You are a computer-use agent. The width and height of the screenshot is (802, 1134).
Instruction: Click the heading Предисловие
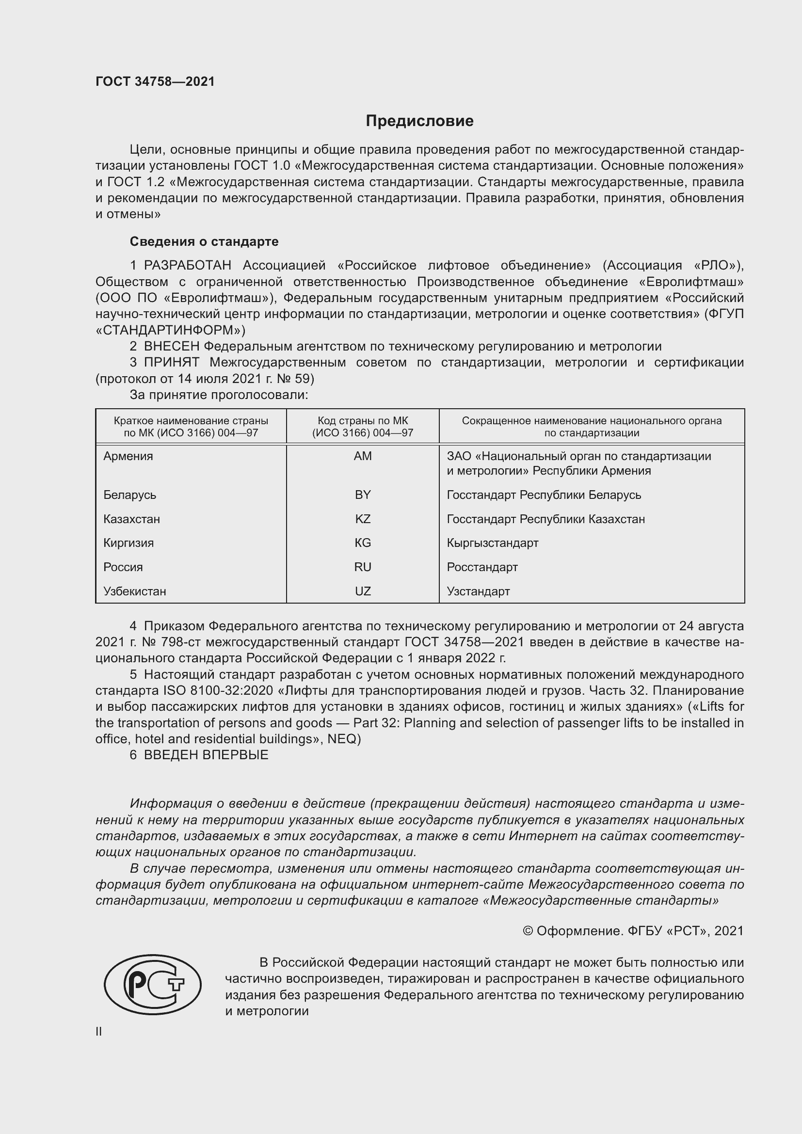(419, 121)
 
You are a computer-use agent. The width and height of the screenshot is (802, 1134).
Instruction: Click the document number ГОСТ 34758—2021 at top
(155, 81)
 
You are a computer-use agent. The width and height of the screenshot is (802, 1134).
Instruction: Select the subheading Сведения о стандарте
(204, 241)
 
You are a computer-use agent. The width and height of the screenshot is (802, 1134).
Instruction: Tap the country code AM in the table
(363, 456)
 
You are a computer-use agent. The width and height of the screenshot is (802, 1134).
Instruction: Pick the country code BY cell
(363, 495)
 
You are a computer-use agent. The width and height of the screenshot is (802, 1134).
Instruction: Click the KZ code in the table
(363, 519)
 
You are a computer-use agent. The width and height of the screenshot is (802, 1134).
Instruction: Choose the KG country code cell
(363, 543)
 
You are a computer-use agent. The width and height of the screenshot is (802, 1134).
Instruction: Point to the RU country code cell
(363, 567)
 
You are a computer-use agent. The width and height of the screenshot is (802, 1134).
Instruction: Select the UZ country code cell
(363, 591)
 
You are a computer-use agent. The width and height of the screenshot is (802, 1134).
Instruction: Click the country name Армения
(128, 456)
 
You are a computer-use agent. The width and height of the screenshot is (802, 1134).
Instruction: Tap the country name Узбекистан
(134, 591)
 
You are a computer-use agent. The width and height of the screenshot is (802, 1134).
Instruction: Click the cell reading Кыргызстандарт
(492, 543)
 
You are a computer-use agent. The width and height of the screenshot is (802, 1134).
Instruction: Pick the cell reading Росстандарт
(482, 567)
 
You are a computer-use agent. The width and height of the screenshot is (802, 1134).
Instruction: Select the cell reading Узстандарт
(478, 591)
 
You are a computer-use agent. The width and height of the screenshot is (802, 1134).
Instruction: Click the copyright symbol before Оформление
(528, 931)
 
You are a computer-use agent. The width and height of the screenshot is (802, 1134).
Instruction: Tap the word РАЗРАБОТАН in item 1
(187, 265)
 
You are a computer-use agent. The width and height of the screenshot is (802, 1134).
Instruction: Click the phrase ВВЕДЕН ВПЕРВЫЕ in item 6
(206, 755)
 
